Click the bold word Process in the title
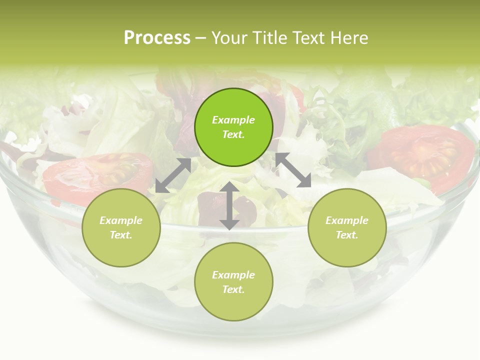pos(157,38)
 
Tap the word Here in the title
pos(350,38)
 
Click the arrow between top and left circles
pos(173,175)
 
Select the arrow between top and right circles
pos(293,170)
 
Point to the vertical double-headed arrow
pos(229,205)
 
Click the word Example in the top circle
pos(233,120)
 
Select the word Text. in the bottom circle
pos(233,289)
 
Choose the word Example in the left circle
pos(121,220)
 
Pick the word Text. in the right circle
pos(347,235)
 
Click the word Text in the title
pos(312,38)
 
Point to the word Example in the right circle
pos(347,220)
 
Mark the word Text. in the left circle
pos(121,235)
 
